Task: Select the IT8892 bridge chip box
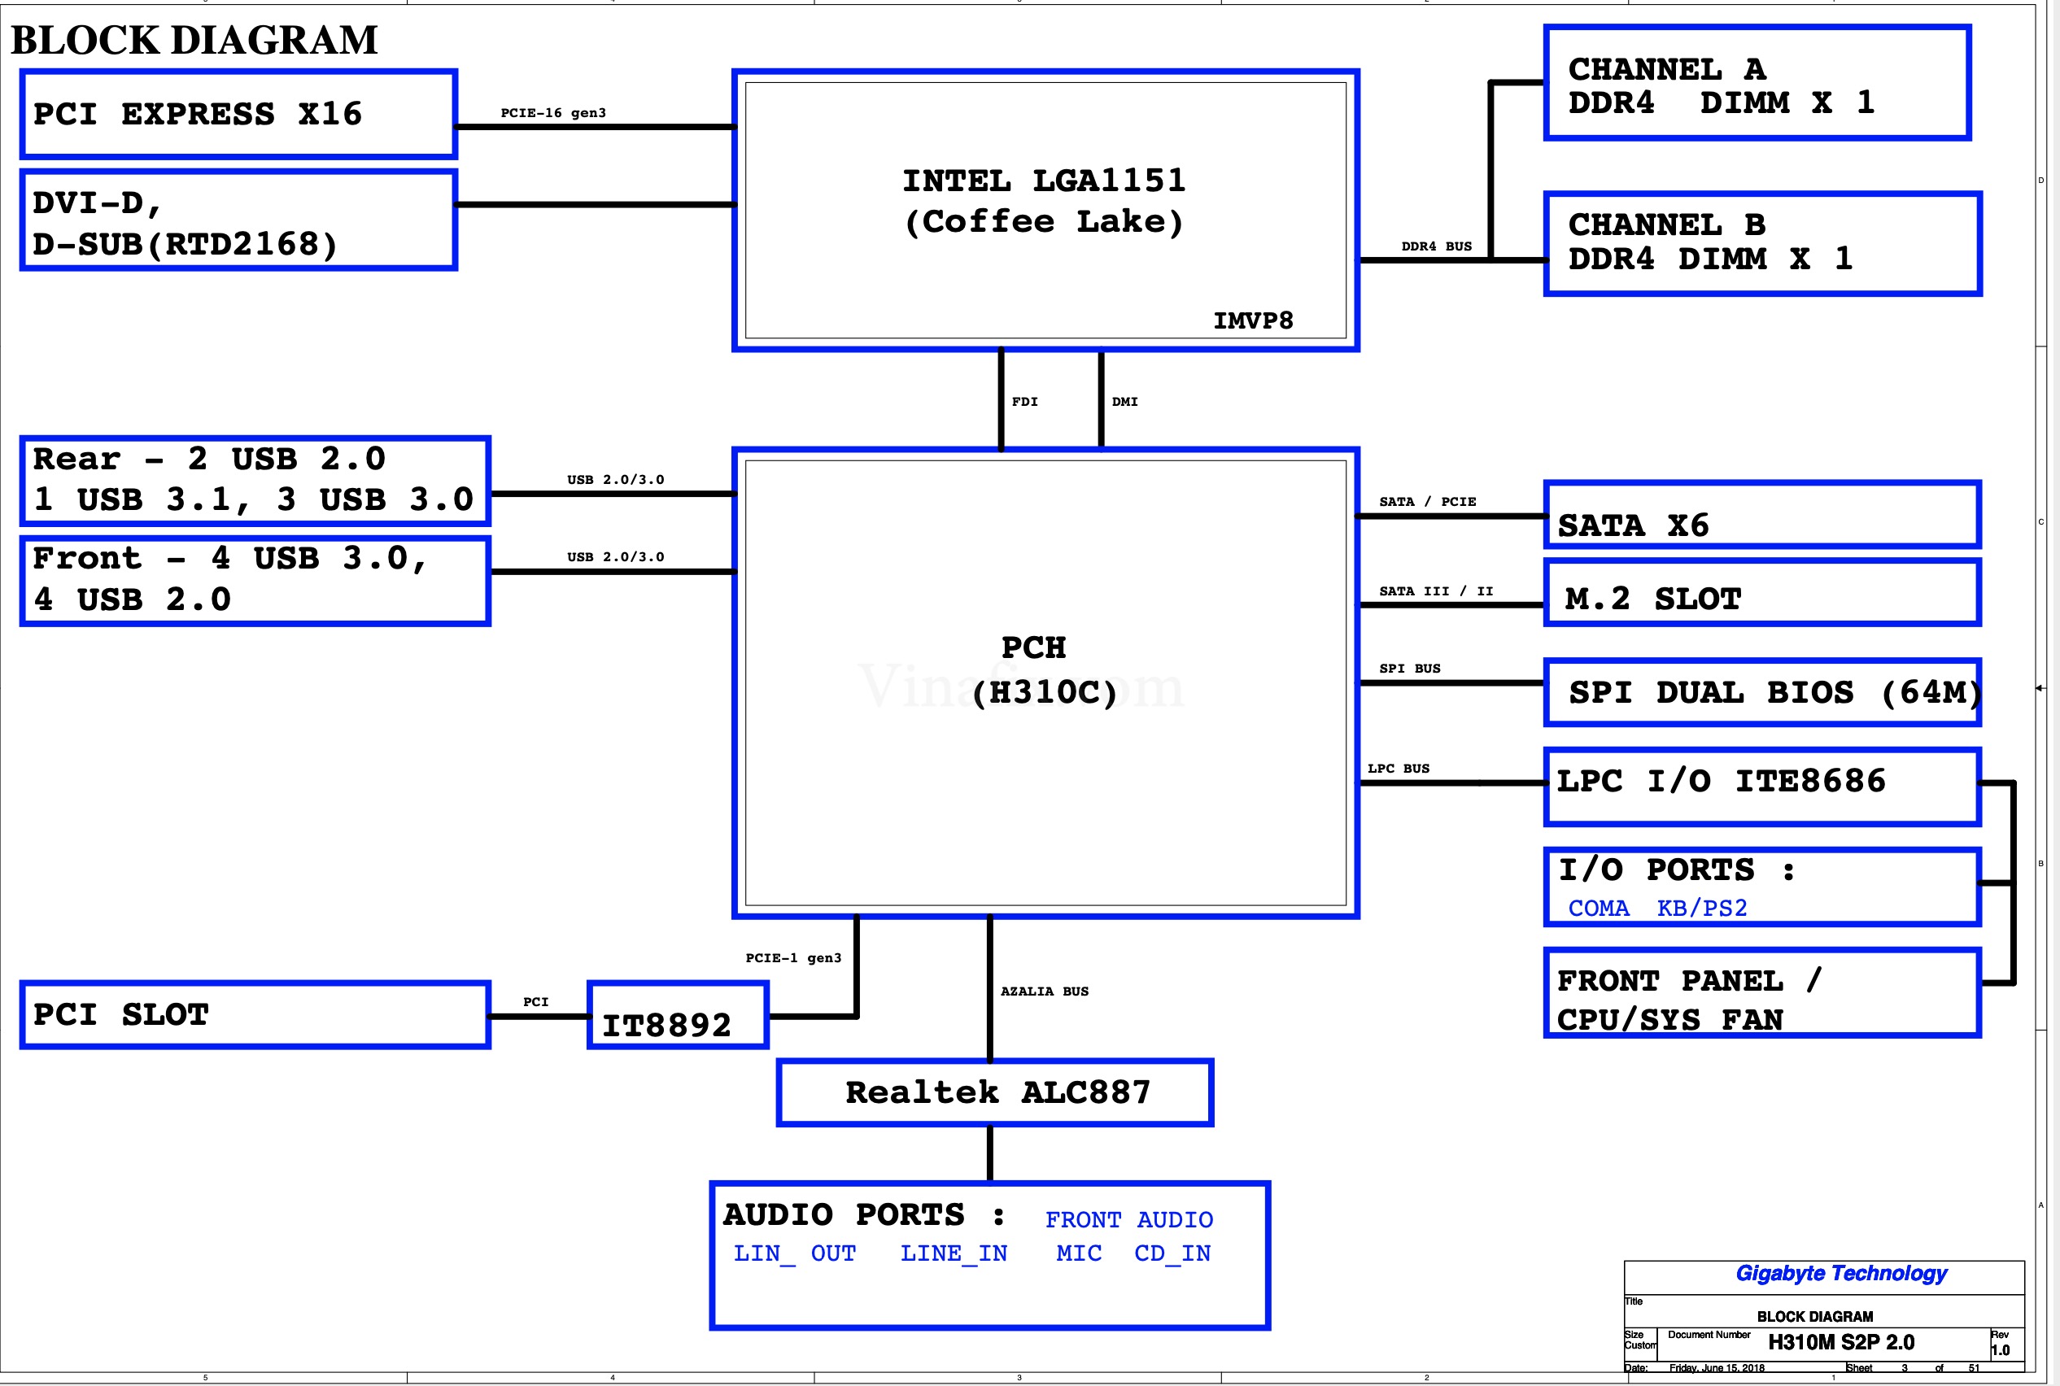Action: [x=677, y=1016]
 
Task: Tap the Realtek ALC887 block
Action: [x=995, y=1092]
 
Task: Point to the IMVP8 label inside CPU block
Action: [x=1253, y=320]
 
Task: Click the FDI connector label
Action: [x=1024, y=401]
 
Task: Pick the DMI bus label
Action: [x=1124, y=401]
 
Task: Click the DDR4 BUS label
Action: [x=1436, y=246]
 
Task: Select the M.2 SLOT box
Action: [x=1761, y=593]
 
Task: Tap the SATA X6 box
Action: [x=1761, y=516]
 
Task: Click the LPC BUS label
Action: [x=1398, y=768]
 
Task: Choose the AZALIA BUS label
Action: [x=1044, y=991]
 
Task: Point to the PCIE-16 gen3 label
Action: [x=553, y=113]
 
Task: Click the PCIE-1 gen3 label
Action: [x=793, y=957]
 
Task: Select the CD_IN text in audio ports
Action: [x=1172, y=1253]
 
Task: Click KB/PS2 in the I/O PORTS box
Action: [x=1701, y=908]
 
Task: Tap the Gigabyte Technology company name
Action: [x=1840, y=1273]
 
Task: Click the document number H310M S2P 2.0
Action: [x=1840, y=1343]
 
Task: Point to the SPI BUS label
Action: [x=1409, y=669]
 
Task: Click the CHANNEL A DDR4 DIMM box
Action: [x=1757, y=83]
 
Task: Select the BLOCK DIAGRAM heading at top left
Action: [x=194, y=40]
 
